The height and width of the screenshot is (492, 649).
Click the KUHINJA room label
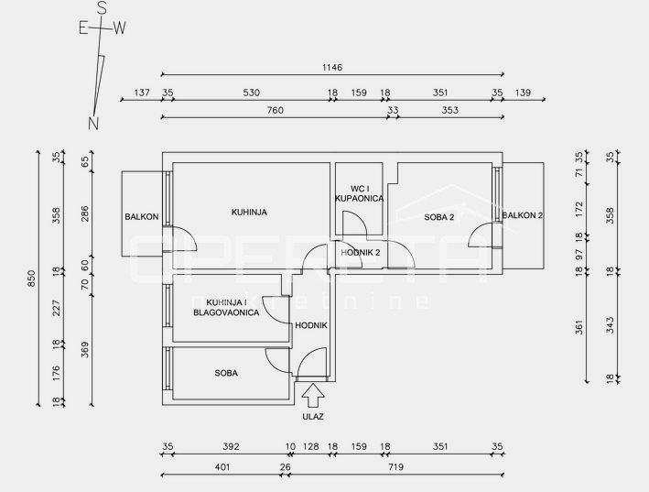[249, 213]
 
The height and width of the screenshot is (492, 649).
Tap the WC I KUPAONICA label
[359, 194]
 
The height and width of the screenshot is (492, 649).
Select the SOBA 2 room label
[439, 217]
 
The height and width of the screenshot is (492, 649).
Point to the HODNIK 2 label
[360, 253]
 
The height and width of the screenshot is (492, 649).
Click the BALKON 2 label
[522, 215]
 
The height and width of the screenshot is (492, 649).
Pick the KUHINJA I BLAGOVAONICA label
[226, 308]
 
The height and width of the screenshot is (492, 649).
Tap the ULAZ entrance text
[313, 417]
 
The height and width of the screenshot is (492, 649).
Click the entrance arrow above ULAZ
[313, 396]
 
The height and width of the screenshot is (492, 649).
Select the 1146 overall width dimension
[332, 68]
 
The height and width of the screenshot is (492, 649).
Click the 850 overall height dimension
[32, 278]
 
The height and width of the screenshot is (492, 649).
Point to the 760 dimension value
[276, 110]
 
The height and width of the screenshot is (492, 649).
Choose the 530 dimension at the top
[251, 93]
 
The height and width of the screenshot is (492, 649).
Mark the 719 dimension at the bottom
[395, 467]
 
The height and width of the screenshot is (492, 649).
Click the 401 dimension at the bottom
[222, 467]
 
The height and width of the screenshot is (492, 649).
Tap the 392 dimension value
[231, 447]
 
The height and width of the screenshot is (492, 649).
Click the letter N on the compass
[93, 123]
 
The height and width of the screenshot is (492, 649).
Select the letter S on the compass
[102, 8]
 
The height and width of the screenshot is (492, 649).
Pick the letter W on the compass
[119, 28]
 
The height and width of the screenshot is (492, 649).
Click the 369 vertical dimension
[84, 350]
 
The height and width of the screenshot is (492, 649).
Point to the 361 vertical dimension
[579, 327]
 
